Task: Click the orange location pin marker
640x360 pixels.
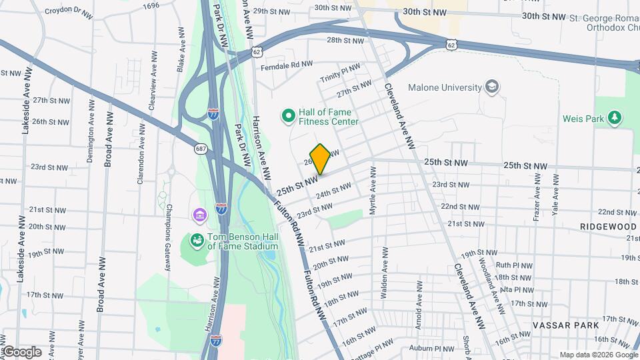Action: coord(320,159)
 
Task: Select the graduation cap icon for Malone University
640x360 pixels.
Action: coord(492,87)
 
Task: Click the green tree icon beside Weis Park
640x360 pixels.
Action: coord(614,119)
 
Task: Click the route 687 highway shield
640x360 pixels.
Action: coord(201,148)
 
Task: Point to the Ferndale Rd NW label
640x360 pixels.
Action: coord(287,64)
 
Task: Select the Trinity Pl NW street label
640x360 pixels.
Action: coord(339,77)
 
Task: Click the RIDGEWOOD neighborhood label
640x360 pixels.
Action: coord(607,227)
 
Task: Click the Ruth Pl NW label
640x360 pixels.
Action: coord(515,265)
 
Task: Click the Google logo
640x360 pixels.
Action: coord(21,352)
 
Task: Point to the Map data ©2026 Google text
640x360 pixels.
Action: coord(598,355)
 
